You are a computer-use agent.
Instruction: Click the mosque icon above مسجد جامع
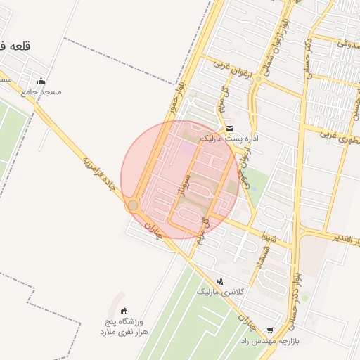point(41,81)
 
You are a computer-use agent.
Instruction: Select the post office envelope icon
point(230,128)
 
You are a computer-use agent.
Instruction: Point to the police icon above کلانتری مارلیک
point(221,281)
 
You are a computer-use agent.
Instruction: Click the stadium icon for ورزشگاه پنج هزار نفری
point(125,311)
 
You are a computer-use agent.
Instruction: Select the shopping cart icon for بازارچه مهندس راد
point(270,330)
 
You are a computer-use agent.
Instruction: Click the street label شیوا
point(265,236)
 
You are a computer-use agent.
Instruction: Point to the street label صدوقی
point(344,42)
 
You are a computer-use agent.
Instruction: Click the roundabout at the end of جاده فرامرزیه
point(132,205)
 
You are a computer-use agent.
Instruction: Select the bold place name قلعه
point(13,46)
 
